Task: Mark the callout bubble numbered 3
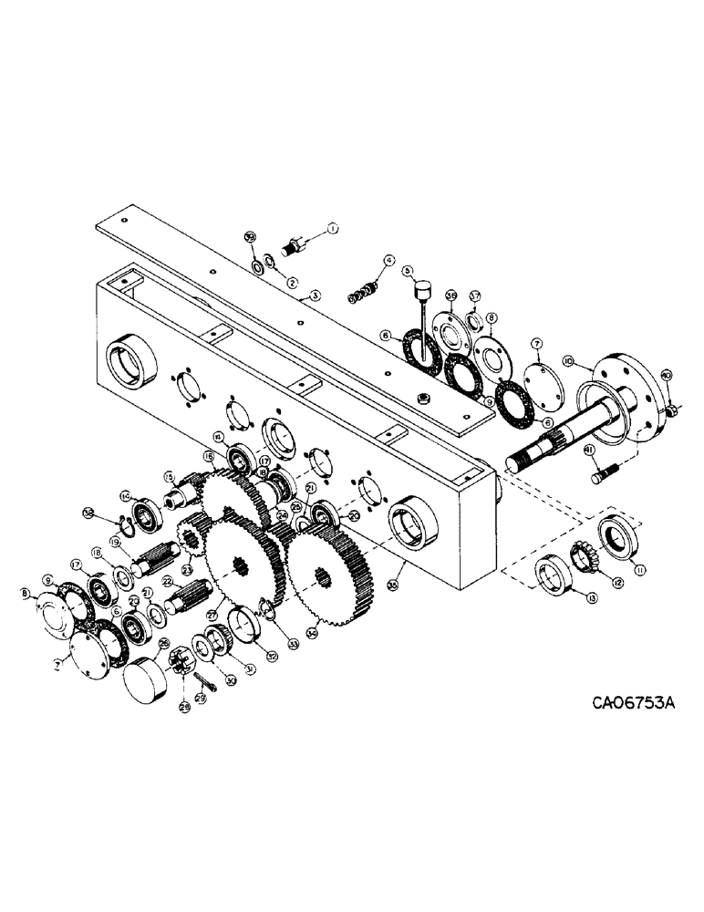tap(315, 295)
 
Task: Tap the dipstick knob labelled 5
tap(422, 293)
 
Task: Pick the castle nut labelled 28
tap(178, 679)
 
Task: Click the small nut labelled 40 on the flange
tap(669, 413)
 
